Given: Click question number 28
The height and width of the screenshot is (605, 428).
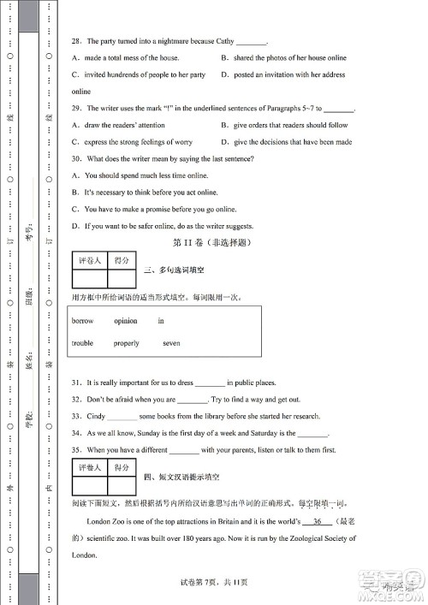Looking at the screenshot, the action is [76, 41].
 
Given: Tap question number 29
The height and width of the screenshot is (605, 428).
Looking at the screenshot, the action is [76, 109].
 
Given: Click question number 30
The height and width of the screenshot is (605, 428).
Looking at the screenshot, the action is [76, 158].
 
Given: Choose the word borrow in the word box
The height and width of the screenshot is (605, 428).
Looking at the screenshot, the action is [83, 321].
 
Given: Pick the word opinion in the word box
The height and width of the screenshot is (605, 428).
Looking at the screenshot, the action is [125, 321].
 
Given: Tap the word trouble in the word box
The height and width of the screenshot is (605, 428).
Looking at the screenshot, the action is [83, 343].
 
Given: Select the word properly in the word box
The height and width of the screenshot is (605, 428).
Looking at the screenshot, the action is [126, 343].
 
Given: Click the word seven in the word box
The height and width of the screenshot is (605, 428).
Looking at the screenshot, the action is [171, 343].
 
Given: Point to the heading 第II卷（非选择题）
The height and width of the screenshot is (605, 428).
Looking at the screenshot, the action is [211, 243].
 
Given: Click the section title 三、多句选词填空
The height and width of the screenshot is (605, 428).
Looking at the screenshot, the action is [175, 270].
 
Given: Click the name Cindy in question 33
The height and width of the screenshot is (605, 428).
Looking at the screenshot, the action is [96, 416].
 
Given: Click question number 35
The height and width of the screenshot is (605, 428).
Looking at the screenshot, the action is [76, 449].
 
